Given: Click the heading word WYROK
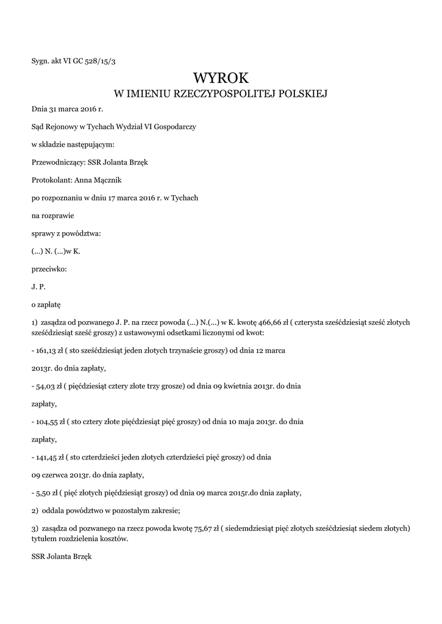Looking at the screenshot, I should pos(221,78).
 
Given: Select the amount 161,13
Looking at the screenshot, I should pos(48,351).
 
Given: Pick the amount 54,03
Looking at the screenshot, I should pos(45,386).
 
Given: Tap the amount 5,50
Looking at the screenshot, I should pos(43,492).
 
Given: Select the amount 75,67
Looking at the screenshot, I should pos(203,528).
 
